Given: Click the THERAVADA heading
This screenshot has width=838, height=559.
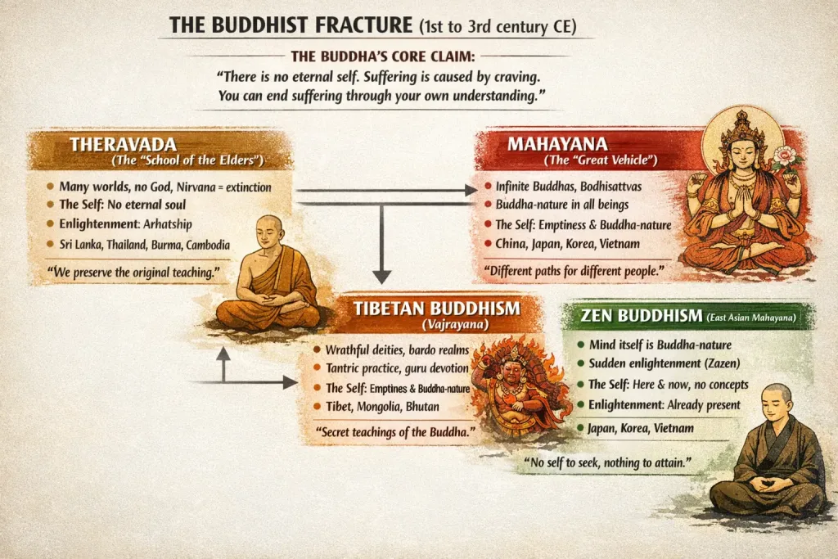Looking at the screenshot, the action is coord(123,144).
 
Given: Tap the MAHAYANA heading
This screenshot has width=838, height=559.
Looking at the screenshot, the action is coord(557,144).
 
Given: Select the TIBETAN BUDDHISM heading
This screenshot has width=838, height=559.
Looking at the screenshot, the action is coord(437,309).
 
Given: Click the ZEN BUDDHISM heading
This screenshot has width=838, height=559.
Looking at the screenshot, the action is coord(642,316).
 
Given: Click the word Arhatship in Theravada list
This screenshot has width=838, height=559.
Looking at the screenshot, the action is coord(167,224).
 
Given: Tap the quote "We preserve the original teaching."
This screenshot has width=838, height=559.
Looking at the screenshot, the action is coord(133,273).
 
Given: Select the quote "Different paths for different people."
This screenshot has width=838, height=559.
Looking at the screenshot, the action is coord(574,271).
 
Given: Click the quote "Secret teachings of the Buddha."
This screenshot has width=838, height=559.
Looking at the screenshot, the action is coord(395,432).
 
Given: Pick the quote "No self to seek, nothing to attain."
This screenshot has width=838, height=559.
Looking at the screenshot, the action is coord(607,462).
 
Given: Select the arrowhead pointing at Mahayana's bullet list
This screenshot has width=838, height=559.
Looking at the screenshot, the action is coord(471,190).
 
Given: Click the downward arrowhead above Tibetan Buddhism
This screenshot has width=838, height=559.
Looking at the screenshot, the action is coord(381,277).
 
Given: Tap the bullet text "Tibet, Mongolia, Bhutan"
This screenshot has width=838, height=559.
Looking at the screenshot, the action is coord(382,406).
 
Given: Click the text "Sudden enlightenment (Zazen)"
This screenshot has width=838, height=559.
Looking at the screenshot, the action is coord(665,363).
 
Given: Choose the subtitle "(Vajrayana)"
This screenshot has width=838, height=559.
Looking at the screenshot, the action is coord(455,324).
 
